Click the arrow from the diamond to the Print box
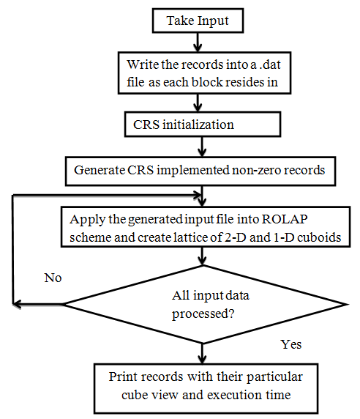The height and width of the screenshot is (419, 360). [x=200, y=350]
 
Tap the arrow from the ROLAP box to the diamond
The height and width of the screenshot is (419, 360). [x=200, y=259]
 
